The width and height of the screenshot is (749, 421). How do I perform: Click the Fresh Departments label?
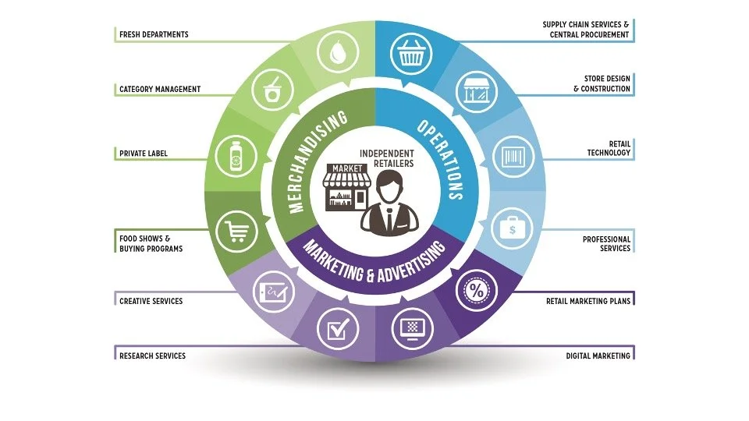click(x=154, y=34)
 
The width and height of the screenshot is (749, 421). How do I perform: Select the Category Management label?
click(x=159, y=90)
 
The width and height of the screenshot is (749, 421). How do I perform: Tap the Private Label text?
click(x=143, y=154)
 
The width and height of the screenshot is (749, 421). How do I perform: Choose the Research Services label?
click(x=152, y=356)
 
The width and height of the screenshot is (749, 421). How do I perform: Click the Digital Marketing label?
click(x=598, y=356)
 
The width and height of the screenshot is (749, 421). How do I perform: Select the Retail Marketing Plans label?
click(x=587, y=299)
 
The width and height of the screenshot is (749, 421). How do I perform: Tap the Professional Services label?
click(x=606, y=243)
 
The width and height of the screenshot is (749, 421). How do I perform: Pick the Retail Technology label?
click(x=609, y=148)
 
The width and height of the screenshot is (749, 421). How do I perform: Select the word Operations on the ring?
click(x=442, y=161)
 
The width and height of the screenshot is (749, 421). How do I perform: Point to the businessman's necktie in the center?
click(x=388, y=213)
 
